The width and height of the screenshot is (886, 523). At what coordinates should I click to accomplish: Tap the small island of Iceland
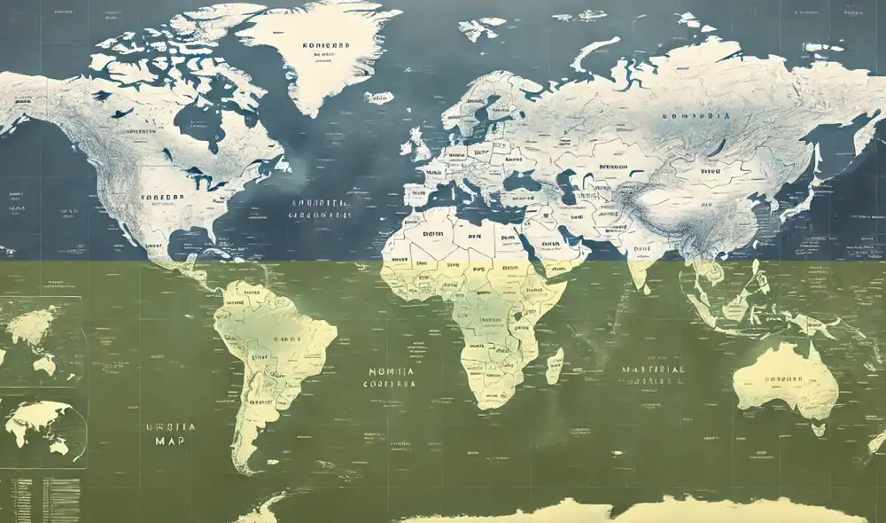click(x=378, y=98)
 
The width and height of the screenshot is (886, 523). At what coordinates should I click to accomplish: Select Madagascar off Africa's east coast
click(x=555, y=365)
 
